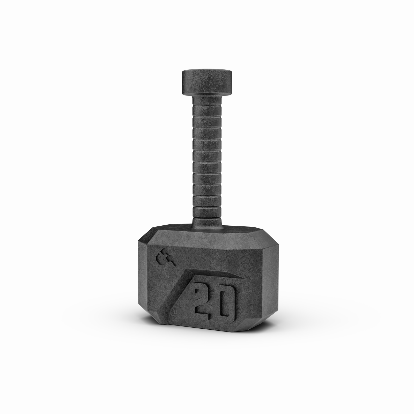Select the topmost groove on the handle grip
(206, 107)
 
